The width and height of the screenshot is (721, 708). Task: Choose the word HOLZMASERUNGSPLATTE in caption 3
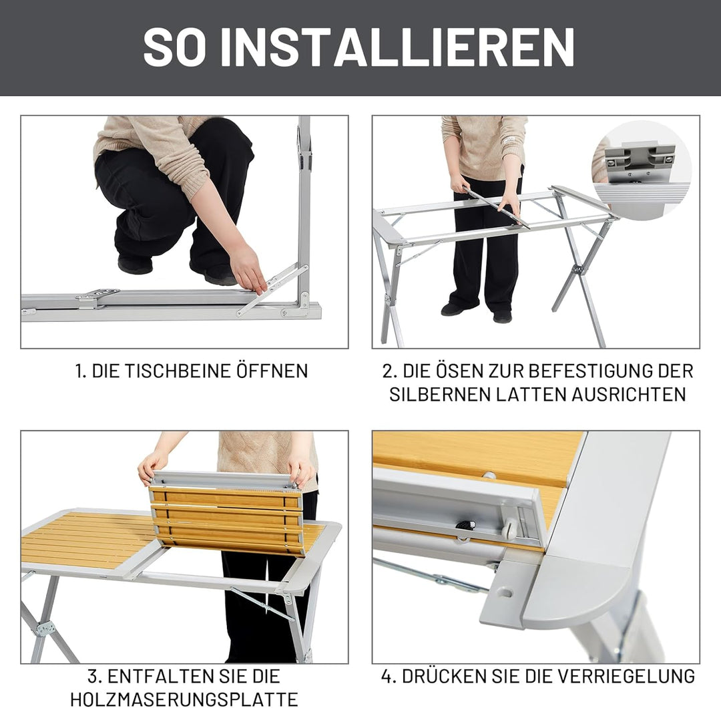pos(184,699)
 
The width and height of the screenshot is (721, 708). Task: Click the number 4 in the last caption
pos(387,676)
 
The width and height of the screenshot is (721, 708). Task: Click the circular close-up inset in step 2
pos(641,170)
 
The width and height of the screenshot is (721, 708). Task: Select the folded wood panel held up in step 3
pos(227,514)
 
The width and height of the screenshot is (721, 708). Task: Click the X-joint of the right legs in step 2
pos(578,270)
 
